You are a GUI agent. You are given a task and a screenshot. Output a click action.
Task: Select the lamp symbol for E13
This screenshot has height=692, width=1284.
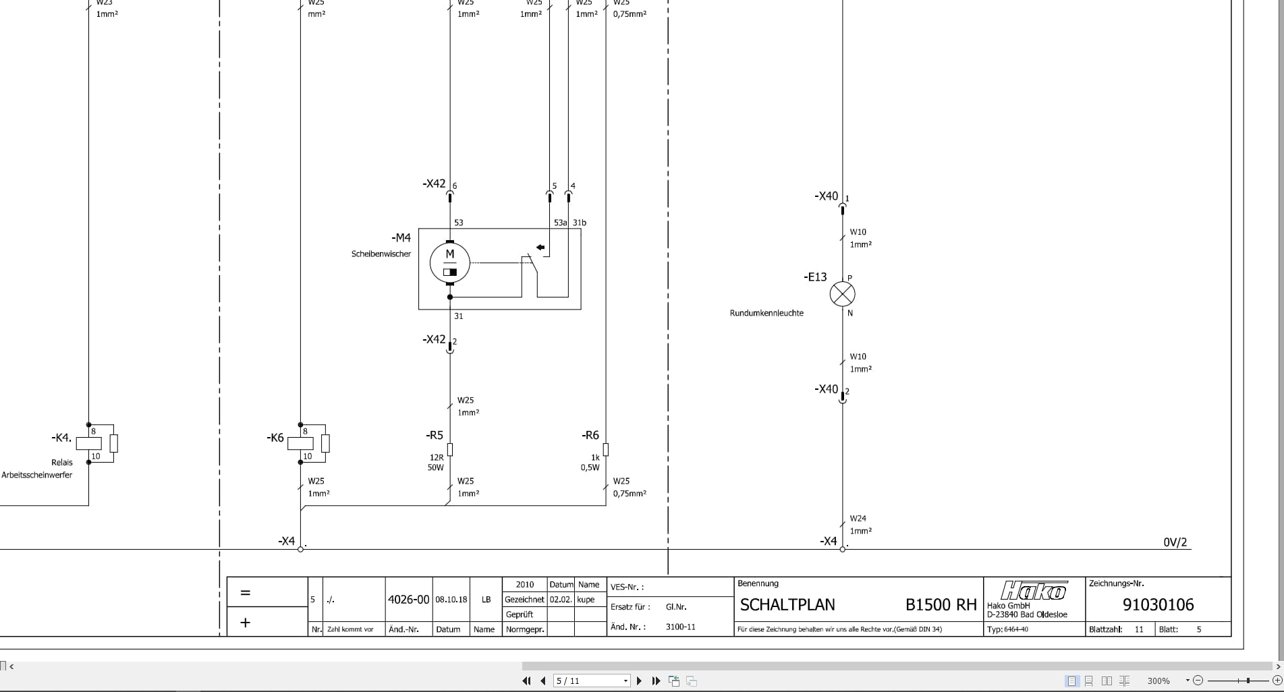(842, 294)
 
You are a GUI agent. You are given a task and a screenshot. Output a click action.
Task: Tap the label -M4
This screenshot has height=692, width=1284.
(401, 237)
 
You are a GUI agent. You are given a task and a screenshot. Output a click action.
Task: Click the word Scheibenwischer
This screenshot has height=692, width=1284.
(381, 254)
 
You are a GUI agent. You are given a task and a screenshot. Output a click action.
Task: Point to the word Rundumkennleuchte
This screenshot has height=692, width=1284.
(766, 313)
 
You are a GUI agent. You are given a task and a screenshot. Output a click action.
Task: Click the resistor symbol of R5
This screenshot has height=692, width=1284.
(450, 449)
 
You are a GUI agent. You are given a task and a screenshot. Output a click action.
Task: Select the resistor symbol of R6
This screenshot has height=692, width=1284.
(606, 449)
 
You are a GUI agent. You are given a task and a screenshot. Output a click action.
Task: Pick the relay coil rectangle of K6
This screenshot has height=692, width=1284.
(300, 443)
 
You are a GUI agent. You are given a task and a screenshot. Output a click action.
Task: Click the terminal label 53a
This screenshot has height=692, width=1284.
(561, 223)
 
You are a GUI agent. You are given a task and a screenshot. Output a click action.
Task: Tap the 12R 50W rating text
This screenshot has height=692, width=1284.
(436, 462)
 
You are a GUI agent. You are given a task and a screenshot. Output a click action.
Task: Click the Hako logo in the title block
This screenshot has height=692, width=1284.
(1034, 592)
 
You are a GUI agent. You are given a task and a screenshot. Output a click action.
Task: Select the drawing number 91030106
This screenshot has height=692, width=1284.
(1158, 605)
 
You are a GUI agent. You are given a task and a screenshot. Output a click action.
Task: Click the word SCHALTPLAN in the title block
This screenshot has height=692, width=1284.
(787, 605)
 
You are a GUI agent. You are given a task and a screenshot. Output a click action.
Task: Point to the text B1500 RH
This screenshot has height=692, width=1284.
(941, 605)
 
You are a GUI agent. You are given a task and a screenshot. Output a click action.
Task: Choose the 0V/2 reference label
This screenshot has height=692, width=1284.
(1175, 542)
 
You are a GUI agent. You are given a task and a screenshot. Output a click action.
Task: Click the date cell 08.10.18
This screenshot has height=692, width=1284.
(451, 599)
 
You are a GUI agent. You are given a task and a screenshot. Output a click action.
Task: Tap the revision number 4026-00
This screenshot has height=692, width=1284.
(408, 599)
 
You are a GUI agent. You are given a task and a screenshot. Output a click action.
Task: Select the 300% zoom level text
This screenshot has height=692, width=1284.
(1159, 681)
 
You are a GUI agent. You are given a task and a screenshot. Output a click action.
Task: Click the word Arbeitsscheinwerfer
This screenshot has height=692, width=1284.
(36, 475)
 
